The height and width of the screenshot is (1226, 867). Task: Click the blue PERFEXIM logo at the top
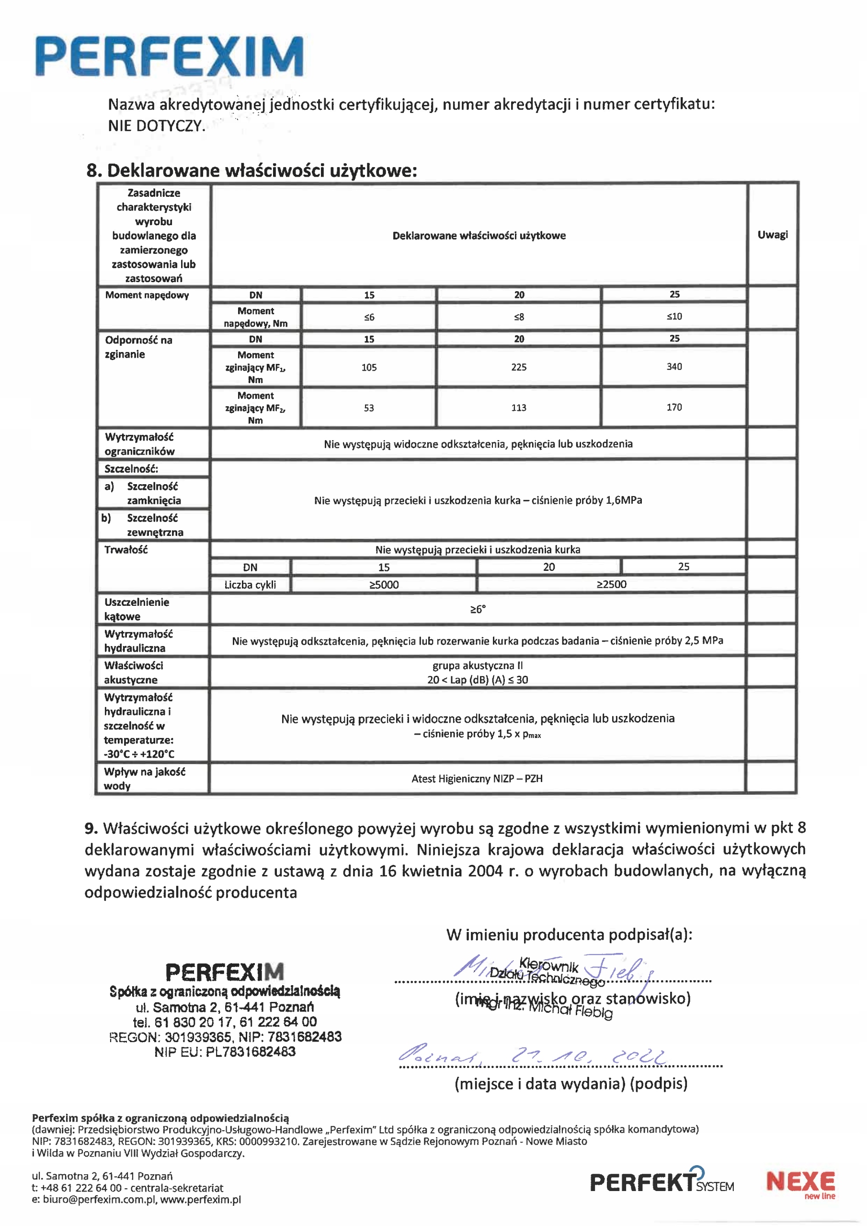(170, 57)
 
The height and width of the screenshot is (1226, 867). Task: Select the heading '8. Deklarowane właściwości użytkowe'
(251, 170)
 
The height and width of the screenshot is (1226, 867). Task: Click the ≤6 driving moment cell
(369, 317)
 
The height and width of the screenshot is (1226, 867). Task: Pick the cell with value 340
(674, 366)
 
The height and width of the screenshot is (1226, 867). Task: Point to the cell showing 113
(519, 408)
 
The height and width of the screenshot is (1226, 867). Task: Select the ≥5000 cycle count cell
(384, 585)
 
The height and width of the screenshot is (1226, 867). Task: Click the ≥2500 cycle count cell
(611, 584)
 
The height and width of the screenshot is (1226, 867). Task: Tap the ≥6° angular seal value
(478, 609)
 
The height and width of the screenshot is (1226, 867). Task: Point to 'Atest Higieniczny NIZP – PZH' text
(477, 779)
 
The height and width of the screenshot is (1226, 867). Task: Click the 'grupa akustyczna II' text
(478, 665)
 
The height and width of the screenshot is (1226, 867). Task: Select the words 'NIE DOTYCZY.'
(157, 126)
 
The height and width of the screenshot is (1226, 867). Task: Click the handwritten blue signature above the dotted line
(556, 969)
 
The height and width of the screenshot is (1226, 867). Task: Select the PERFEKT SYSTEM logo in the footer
(662, 1181)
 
